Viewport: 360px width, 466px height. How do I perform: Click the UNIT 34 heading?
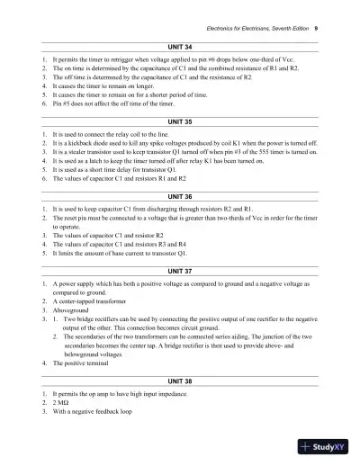pyautogui.click(x=180, y=44)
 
